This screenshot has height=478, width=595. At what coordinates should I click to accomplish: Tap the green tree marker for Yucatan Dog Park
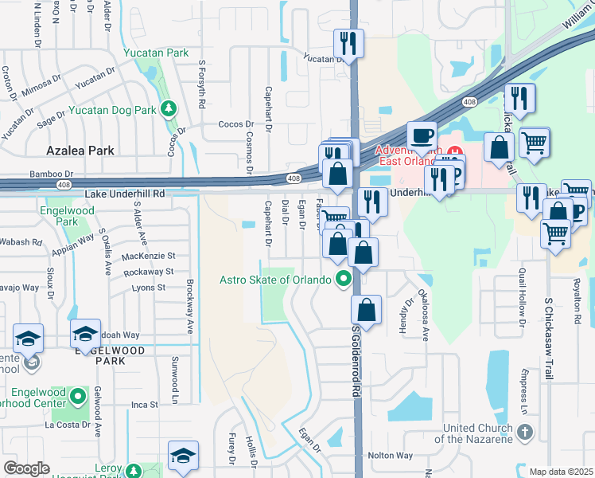click(168, 108)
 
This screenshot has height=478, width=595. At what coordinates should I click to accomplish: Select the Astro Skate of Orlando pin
click(344, 280)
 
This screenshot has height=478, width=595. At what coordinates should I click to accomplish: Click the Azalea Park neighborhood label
click(80, 151)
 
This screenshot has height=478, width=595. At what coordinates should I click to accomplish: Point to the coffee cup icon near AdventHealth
click(421, 134)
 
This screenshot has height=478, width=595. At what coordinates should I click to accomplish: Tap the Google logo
click(26, 468)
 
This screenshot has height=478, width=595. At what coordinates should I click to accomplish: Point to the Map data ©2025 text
click(561, 472)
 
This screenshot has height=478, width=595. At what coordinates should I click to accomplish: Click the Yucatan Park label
click(156, 53)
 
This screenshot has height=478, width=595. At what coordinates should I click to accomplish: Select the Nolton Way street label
click(390, 456)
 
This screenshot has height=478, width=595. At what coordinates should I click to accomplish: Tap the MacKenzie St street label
click(149, 257)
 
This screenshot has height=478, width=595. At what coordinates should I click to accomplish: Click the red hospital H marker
click(454, 151)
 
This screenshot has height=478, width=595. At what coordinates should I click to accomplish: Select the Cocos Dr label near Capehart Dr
click(237, 125)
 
